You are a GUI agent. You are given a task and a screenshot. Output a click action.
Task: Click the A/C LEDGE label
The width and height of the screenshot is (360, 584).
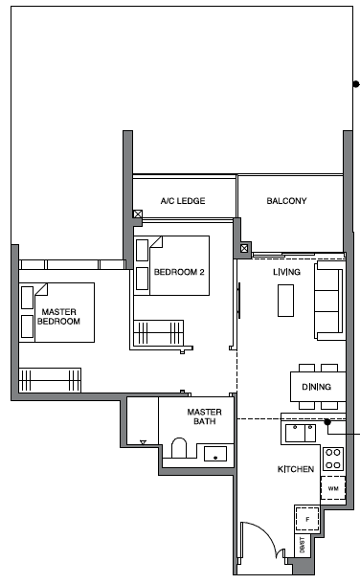(x=183, y=201)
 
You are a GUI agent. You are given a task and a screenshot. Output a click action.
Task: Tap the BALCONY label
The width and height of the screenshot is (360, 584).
(x=286, y=201)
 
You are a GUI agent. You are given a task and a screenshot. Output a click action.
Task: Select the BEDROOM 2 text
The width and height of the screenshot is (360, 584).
(x=179, y=272)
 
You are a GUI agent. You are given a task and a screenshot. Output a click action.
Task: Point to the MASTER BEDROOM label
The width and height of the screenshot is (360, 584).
(x=58, y=317)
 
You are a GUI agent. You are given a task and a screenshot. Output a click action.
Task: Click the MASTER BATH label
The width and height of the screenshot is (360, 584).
(x=204, y=416)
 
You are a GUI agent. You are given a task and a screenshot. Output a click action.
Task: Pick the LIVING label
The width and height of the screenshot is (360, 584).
(x=286, y=272)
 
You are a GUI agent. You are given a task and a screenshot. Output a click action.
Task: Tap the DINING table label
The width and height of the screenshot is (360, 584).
(x=317, y=387)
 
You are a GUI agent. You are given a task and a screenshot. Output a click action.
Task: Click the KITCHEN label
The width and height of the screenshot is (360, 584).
(x=296, y=469)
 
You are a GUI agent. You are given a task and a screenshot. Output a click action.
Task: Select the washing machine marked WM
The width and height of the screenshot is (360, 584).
(x=333, y=488)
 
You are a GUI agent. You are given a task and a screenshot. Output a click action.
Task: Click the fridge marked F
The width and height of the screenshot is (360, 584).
(x=307, y=519)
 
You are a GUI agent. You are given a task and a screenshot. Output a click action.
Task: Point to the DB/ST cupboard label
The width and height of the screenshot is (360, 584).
(x=302, y=545)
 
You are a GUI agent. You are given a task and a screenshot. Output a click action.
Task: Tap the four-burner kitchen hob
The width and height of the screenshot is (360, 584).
(x=333, y=459)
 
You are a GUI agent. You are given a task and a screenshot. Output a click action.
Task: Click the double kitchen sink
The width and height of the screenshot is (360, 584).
(x=301, y=433)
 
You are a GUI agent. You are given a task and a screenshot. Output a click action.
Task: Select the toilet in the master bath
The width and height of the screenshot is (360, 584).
(x=179, y=448)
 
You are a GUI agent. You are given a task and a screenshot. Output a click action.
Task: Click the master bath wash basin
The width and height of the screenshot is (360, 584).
(x=215, y=454)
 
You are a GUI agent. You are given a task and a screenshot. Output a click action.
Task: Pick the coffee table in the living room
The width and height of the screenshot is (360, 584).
(x=285, y=301)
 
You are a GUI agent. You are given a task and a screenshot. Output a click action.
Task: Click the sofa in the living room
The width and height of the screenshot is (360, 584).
(x=329, y=301)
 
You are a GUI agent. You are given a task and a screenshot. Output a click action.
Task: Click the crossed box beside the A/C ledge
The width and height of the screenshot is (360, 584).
(x=138, y=214)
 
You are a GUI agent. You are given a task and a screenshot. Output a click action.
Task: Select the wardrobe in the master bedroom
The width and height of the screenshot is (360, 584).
(x=50, y=379)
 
